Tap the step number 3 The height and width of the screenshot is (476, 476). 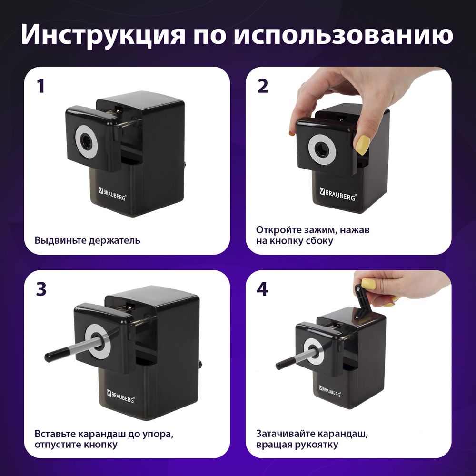click(x=41, y=289)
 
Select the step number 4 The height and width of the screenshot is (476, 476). click(x=263, y=289)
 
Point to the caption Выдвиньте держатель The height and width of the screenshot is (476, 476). click(x=87, y=240)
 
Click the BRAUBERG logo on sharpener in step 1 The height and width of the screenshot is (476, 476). click(x=112, y=194)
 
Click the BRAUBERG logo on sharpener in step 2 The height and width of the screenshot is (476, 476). click(x=337, y=194)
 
